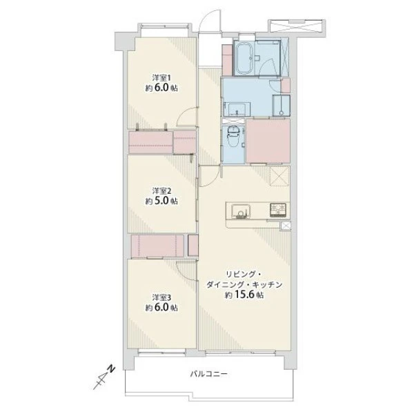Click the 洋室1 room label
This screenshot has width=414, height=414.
click(161, 78)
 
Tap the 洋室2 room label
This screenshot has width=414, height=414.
click(161, 190)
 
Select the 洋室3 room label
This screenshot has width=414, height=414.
click(161, 297)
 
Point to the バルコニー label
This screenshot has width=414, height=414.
click(209, 374)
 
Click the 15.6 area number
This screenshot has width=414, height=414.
click(244, 295)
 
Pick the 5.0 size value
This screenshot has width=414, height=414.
click(160, 201)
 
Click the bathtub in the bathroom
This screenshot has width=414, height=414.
click(245, 59)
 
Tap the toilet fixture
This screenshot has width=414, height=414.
click(233, 138)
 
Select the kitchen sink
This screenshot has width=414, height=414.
click(241, 211)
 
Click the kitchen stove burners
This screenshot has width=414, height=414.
click(278, 210)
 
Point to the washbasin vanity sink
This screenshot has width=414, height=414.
click(237, 110)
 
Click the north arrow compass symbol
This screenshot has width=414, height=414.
click(104, 377)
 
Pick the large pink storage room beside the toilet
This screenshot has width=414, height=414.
click(268, 141)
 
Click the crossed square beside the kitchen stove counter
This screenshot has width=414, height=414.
click(286, 226)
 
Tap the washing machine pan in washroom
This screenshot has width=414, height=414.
click(282, 106)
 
